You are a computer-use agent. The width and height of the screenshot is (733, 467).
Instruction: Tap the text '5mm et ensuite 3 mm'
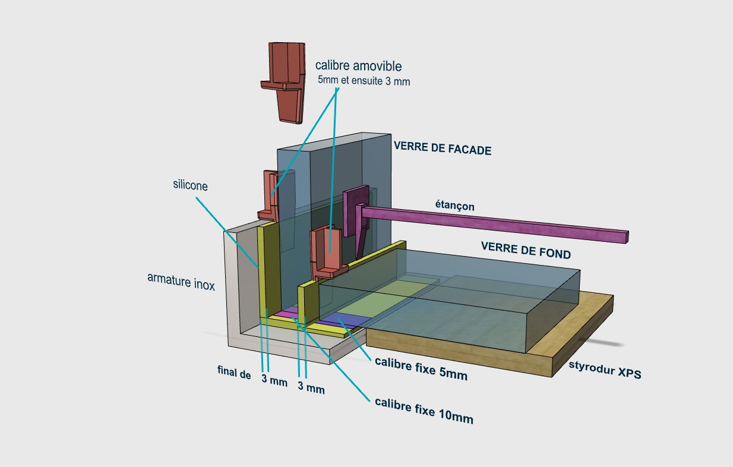click(364, 81)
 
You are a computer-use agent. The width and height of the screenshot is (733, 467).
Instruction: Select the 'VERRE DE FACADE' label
click(442, 149)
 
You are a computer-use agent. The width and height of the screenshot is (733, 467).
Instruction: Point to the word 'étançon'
click(454, 206)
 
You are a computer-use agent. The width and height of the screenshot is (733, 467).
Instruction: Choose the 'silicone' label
click(190, 185)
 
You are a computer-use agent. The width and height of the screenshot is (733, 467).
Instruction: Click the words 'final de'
click(234, 374)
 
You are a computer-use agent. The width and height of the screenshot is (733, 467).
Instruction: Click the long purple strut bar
click(493, 223)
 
